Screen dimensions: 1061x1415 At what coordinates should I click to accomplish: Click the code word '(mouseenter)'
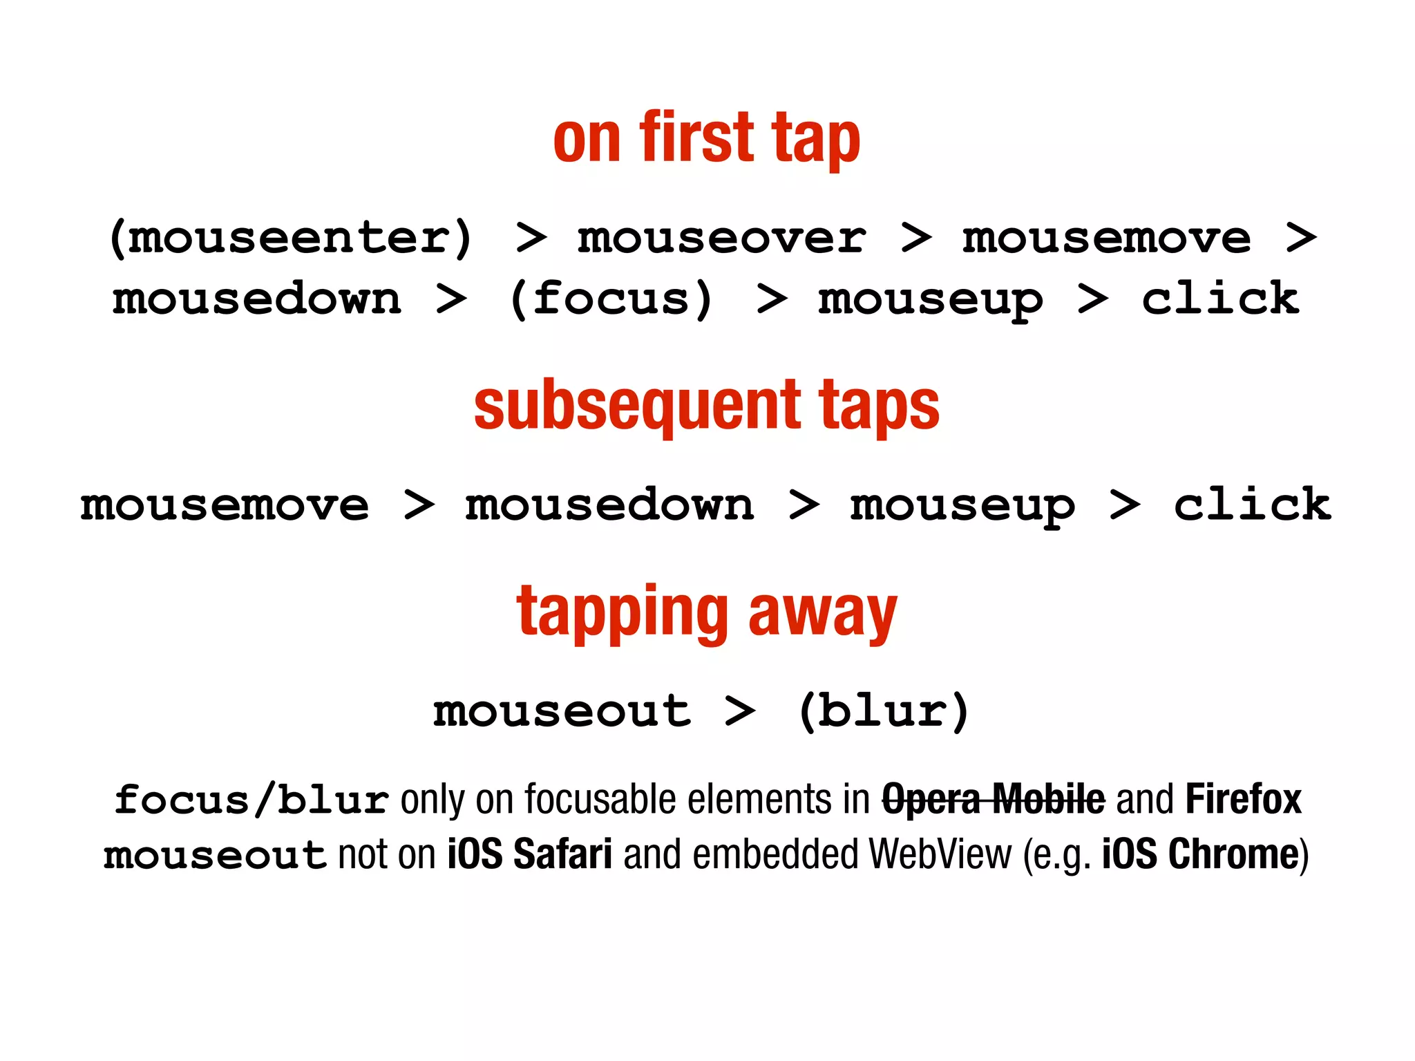pyautogui.click(x=291, y=238)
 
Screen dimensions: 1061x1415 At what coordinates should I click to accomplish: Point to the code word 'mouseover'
pyautogui.click(x=721, y=238)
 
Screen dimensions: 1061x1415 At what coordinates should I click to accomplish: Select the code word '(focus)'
pyautogui.click(x=611, y=299)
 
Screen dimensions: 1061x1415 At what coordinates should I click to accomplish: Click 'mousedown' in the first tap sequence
pyautogui.click(x=256, y=299)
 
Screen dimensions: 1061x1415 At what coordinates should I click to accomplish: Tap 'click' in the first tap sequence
pyautogui.click(x=1219, y=299)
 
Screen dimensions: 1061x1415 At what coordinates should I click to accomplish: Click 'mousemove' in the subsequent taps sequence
pyautogui.click(x=225, y=505)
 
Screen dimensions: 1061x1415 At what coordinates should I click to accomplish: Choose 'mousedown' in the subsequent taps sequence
pyautogui.click(x=609, y=505)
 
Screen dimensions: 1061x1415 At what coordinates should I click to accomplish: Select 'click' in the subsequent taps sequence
pyautogui.click(x=1251, y=505)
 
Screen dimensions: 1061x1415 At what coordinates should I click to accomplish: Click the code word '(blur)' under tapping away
pyautogui.click(x=884, y=711)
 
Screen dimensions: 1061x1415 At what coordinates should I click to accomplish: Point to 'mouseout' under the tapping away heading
pyautogui.click(x=562, y=712)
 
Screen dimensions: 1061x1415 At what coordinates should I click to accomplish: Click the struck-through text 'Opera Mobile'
pyautogui.click(x=993, y=800)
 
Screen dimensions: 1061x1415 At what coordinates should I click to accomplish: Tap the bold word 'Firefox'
pyautogui.click(x=1243, y=800)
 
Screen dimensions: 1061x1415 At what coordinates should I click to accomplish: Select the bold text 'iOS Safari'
pyautogui.click(x=529, y=854)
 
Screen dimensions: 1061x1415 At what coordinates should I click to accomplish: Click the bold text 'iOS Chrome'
pyautogui.click(x=1200, y=854)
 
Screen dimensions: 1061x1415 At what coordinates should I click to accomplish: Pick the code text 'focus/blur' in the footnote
pyautogui.click(x=251, y=800)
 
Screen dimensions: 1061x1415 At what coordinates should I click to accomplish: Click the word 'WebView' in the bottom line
pyautogui.click(x=940, y=854)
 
